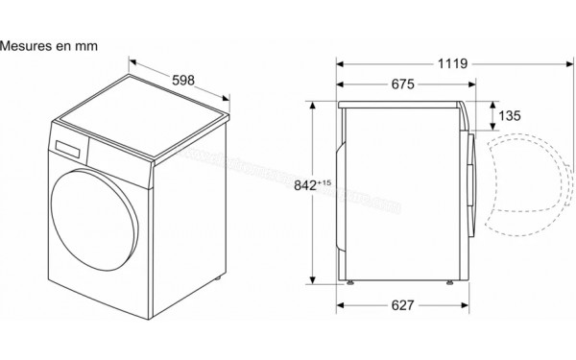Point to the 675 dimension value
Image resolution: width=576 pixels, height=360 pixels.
tap(402, 85)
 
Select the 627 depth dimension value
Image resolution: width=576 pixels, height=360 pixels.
tap(402, 306)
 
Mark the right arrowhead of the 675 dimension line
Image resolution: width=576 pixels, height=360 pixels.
tap(469, 84)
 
